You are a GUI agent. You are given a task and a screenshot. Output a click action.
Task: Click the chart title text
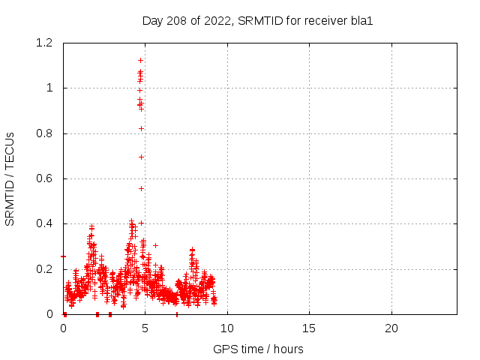pos(257,21)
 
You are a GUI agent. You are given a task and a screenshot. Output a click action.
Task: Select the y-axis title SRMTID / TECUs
pos(10,178)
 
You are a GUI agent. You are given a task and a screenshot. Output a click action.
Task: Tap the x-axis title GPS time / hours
pos(258,349)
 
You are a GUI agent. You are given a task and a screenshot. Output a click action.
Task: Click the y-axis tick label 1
pos(50,88)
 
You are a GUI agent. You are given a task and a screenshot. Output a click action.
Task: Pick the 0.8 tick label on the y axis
pos(45,133)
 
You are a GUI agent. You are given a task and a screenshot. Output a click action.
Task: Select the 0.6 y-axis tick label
pos(45,178)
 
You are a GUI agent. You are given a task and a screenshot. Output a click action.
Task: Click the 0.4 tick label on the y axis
pos(45,224)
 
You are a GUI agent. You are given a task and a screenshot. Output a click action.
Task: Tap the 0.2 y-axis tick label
pos(45,269)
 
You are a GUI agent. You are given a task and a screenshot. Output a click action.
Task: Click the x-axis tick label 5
pos(145,328)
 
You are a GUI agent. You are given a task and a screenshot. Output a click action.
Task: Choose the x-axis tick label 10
pos(227,328)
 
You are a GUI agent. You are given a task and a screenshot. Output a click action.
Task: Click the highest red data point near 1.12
pos(140,60)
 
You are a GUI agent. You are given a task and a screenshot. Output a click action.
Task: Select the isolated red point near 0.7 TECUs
pos(141,157)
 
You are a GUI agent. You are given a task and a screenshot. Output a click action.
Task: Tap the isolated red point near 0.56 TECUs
pos(141,188)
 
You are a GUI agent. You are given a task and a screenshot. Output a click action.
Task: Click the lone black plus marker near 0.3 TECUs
pos(155,245)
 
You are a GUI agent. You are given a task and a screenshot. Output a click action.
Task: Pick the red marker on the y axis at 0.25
pos(64,256)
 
